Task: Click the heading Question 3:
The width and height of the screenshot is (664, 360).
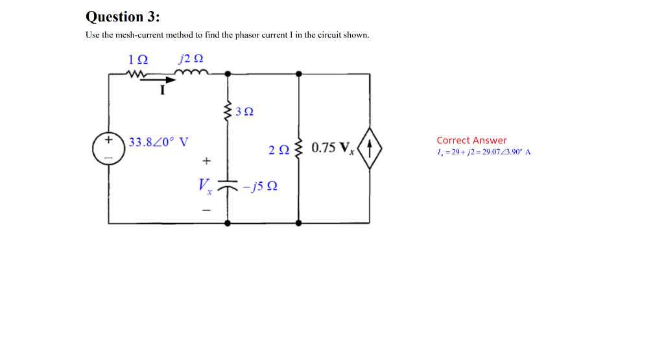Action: pyautogui.click(x=123, y=16)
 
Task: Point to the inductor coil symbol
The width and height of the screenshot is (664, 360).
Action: pyautogui.click(x=193, y=73)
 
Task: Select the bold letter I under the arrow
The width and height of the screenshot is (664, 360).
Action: pyautogui.click(x=163, y=91)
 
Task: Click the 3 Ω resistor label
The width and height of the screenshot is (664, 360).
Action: pyautogui.click(x=244, y=112)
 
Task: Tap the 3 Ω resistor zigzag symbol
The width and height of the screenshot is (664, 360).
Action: pyautogui.click(x=228, y=112)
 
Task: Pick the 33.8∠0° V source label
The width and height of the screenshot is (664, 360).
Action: pyautogui.click(x=158, y=142)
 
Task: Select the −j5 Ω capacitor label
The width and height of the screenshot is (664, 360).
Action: pyautogui.click(x=261, y=186)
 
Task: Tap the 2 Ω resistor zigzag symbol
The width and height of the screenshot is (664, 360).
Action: pyautogui.click(x=298, y=149)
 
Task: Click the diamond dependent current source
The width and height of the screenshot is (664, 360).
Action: pyautogui.click(x=370, y=149)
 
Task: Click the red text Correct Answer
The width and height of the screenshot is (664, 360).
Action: pyautogui.click(x=471, y=140)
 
